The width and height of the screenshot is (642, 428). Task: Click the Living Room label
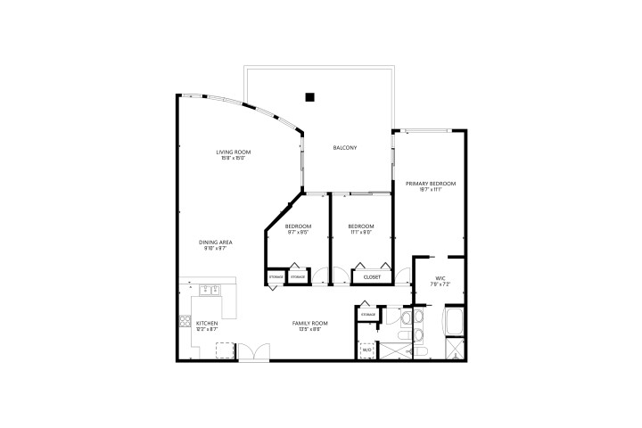(230, 152)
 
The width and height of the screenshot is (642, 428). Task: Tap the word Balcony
(345, 147)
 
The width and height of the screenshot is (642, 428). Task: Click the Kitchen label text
(207, 322)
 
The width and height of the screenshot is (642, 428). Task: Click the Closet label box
(372, 277)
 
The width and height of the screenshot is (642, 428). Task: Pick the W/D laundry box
(366, 350)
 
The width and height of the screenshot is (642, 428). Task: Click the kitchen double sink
(210, 289)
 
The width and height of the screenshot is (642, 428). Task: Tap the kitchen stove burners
(185, 322)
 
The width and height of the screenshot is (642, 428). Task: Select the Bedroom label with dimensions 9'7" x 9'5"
(297, 226)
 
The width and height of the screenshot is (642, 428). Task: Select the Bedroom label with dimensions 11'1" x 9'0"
(360, 226)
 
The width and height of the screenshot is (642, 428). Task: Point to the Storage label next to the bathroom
(367, 316)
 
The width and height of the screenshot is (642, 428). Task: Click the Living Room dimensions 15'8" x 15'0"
(230, 159)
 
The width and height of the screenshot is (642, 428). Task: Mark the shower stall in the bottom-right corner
(455, 349)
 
